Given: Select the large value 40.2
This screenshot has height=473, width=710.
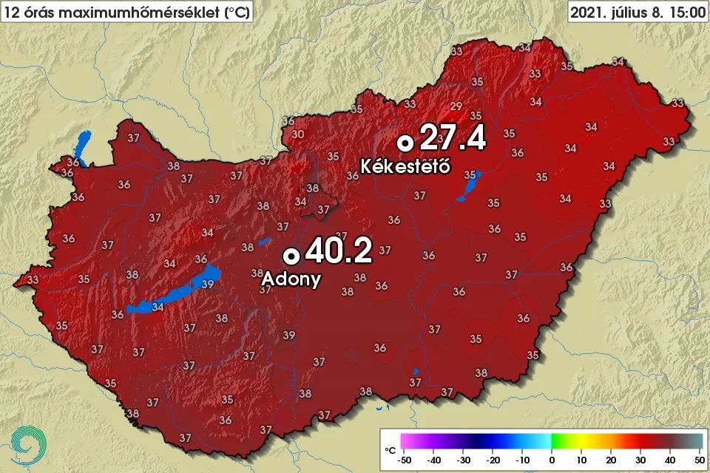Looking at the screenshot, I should [337, 252].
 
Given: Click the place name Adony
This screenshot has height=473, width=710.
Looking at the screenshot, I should [292, 279].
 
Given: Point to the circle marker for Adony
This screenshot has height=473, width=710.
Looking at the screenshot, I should [291, 255].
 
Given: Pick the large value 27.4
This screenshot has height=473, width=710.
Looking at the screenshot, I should [452, 138].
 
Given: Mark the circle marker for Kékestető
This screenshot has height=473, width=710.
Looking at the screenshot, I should [405, 142].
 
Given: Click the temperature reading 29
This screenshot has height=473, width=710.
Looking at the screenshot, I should [456, 105].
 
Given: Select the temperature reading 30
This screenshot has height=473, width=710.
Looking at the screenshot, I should [298, 134].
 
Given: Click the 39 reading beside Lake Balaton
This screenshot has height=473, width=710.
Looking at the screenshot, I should [208, 284].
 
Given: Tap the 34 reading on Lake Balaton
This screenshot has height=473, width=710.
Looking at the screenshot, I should [157, 306].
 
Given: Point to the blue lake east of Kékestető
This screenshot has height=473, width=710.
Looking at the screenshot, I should [468, 187].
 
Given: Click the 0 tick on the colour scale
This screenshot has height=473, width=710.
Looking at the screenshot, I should [552, 460].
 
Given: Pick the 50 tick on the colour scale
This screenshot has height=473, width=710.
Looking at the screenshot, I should [697, 460].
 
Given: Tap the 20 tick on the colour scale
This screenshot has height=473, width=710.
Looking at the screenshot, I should [610, 460].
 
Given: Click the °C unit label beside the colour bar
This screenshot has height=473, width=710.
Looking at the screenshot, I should [390, 449].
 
